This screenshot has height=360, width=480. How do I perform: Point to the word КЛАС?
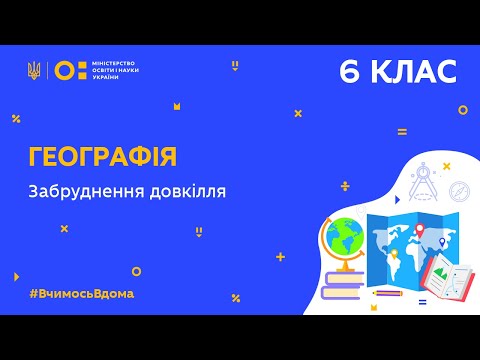click(x=413, y=72)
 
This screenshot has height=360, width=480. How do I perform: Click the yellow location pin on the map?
click(x=396, y=256)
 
